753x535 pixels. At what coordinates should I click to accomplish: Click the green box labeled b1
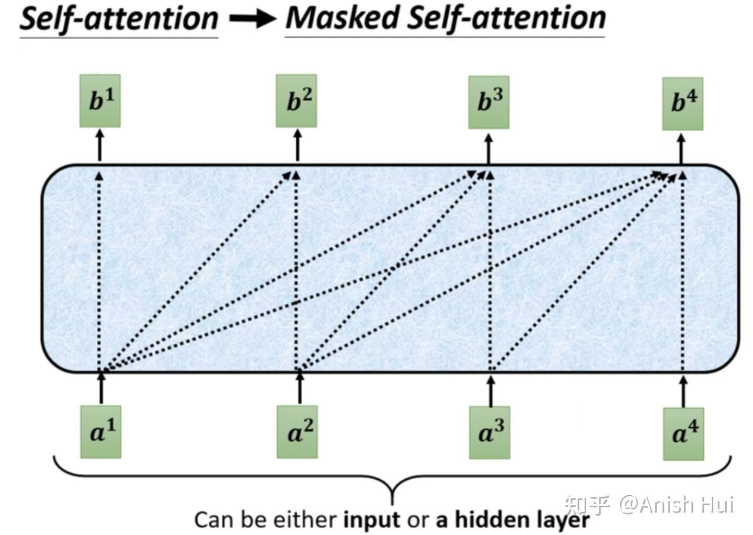[x=100, y=100]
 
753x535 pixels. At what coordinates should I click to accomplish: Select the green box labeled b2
[x=296, y=100]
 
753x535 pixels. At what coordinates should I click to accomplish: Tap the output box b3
[x=488, y=102]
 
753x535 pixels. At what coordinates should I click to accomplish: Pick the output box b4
[x=682, y=104]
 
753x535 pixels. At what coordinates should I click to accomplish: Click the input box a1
[x=100, y=431]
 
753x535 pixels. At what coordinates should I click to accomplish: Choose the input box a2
[x=297, y=431]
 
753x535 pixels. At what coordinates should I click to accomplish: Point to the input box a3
[x=489, y=432]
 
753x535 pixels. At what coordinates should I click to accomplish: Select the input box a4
[x=683, y=434]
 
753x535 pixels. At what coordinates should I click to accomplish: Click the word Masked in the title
[x=344, y=18]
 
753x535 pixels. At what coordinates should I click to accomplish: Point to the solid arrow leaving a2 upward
[x=299, y=388]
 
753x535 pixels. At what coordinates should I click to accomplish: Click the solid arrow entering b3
[x=488, y=149]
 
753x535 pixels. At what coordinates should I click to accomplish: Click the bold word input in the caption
[x=371, y=520]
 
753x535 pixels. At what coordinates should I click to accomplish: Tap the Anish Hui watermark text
[x=677, y=505]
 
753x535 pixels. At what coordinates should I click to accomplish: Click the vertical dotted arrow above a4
[x=682, y=272]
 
